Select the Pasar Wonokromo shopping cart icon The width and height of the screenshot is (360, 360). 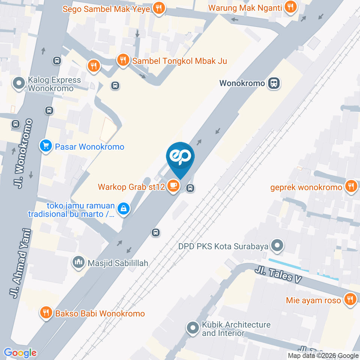point(46,147)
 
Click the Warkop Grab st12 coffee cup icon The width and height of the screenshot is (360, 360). point(173,186)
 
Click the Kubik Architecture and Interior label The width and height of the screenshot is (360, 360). point(236,328)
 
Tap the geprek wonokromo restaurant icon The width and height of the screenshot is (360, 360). point(351,186)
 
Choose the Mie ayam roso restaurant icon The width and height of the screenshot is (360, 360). point(350,300)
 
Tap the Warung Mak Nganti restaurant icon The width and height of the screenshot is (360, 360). point(290,7)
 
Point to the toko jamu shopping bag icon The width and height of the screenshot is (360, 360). point(123,209)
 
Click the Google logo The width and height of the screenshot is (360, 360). point(20,353)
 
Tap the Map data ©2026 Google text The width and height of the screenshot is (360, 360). point(323,355)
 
